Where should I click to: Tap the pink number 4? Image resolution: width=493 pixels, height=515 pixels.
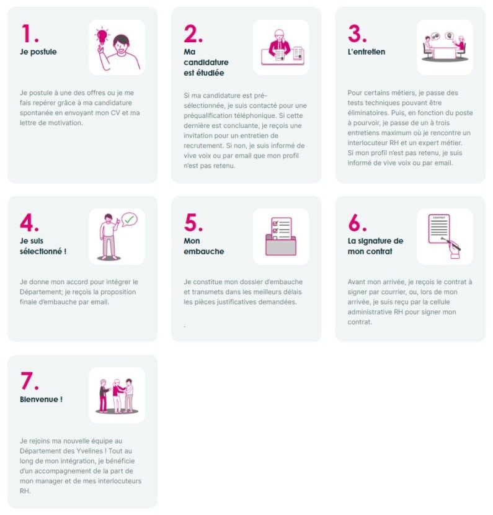pos(29,222)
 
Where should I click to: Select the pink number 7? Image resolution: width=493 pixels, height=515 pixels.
pos(29,380)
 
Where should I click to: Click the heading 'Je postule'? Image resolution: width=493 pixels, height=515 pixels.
pos(38,52)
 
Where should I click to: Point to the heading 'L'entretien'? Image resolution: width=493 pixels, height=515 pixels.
pos(366,52)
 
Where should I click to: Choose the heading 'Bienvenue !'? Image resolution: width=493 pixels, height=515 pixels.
pos(41,400)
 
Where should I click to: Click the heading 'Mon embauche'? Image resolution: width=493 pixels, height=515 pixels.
pos(204,246)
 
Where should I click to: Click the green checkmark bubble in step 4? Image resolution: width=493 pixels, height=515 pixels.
pos(130,219)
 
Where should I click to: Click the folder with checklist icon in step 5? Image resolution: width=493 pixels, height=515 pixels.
pos(280,236)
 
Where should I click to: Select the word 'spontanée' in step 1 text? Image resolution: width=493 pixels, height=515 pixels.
pos(37,113)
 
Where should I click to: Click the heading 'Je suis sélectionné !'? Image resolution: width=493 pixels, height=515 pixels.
pos(42,246)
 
